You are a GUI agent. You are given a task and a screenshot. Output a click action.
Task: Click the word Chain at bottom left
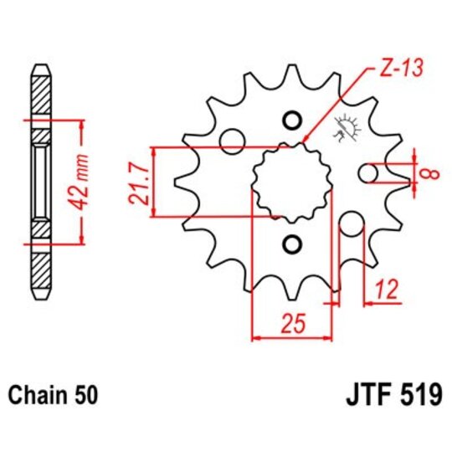pyautogui.click(x=33, y=394)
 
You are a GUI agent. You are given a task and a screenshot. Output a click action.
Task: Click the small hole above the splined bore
pyautogui.click(x=290, y=121)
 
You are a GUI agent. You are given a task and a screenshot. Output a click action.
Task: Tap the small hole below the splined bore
pyautogui.click(x=290, y=244)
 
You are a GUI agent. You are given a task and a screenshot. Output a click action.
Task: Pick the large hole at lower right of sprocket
pyautogui.click(x=351, y=225)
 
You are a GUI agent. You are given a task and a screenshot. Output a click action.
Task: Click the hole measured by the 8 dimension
pyautogui.click(x=369, y=173)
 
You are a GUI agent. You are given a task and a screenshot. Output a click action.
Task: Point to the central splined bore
pyautogui.click(x=291, y=181)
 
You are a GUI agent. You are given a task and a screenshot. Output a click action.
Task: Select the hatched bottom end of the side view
pyautogui.click(x=39, y=270)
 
